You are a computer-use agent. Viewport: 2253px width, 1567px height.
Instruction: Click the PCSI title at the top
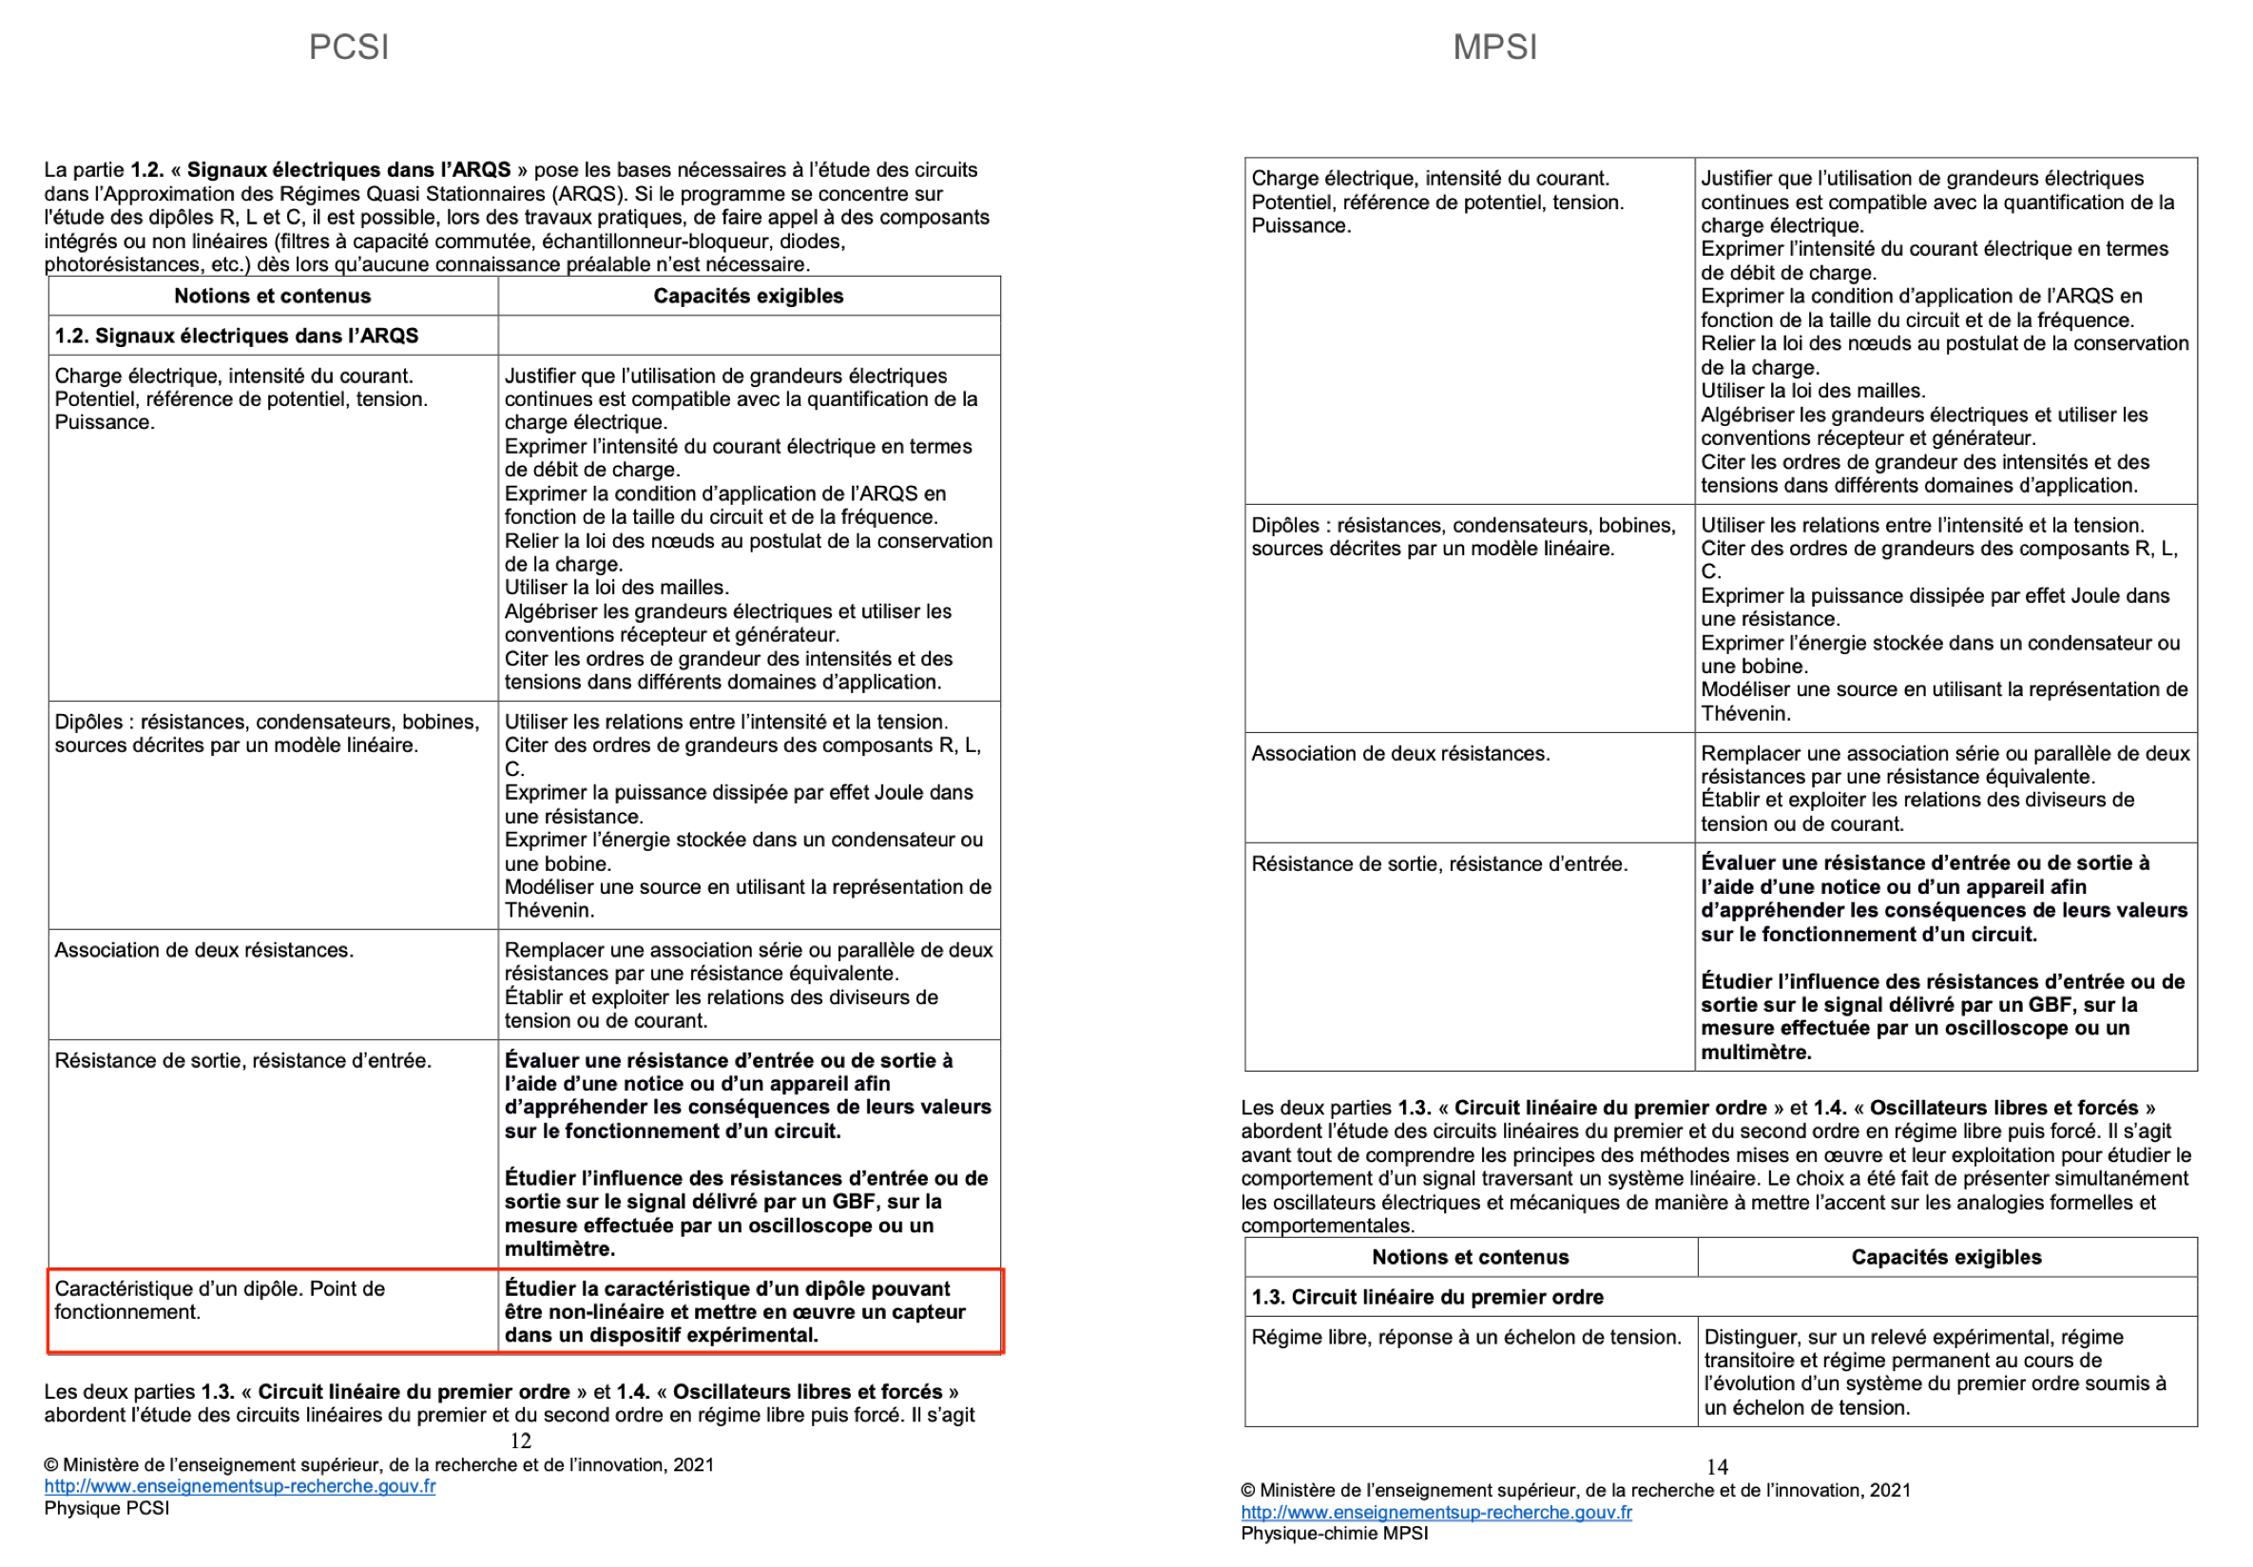click(348, 48)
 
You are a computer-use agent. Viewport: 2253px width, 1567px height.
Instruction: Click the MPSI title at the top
click(1494, 48)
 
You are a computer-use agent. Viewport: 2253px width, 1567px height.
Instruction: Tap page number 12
click(520, 1441)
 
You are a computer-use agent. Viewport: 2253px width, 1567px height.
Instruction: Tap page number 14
click(1716, 1467)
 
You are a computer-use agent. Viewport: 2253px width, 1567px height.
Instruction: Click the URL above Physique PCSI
click(240, 1485)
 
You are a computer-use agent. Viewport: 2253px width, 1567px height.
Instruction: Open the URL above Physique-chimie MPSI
click(1435, 1512)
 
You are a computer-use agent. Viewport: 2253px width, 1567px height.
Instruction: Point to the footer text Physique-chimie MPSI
click(1334, 1534)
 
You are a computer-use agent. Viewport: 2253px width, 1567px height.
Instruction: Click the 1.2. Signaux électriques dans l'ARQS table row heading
click(237, 336)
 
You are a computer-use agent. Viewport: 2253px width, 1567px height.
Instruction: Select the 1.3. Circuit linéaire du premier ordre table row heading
click(1427, 1297)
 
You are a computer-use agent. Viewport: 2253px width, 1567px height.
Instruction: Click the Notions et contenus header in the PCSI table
click(273, 297)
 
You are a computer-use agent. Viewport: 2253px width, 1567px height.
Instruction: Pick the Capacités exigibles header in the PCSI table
click(748, 297)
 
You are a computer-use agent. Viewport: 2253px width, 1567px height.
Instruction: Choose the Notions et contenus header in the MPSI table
click(1470, 1257)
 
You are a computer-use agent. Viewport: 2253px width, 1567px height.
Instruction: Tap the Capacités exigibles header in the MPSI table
click(1946, 1257)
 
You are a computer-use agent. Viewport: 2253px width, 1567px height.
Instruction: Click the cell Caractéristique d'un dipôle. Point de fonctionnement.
click(219, 1300)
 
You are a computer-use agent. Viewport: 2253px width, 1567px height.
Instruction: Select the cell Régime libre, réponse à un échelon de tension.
click(1466, 1338)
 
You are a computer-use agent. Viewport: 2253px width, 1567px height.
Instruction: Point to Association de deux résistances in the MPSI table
click(1400, 754)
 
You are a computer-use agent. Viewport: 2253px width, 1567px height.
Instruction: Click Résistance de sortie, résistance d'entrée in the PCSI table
click(242, 1061)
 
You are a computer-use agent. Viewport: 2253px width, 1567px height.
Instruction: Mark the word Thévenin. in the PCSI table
click(549, 911)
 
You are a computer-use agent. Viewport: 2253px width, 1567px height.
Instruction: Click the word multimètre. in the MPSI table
click(1757, 1053)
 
